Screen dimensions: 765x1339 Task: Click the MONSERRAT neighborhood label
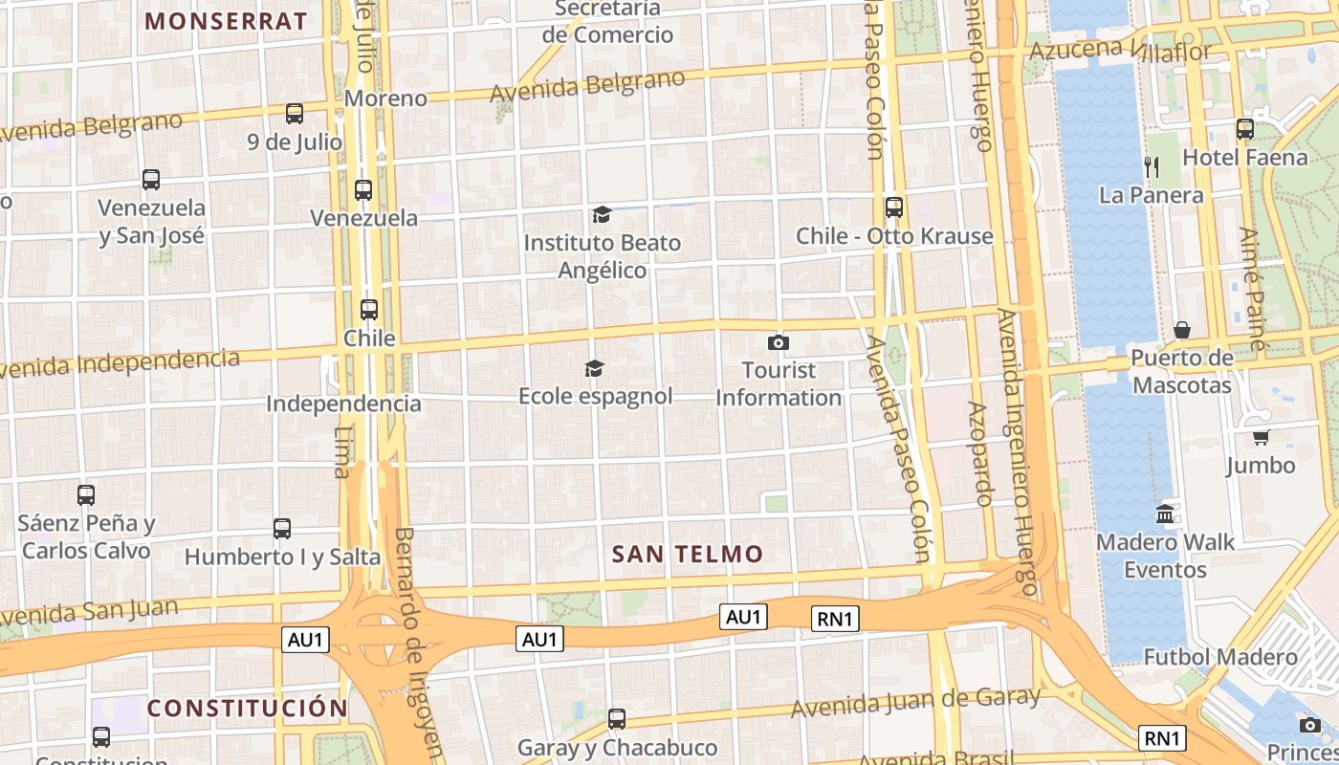[x=226, y=21]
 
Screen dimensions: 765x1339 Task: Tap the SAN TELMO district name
[x=687, y=554]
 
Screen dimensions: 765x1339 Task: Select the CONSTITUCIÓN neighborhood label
[x=247, y=708]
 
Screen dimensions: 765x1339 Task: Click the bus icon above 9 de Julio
[x=295, y=114]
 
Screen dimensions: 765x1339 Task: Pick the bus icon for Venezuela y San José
[x=151, y=179]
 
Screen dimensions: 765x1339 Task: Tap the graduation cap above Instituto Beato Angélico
[x=602, y=214]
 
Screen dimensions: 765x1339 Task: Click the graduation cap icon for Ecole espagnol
[x=595, y=368]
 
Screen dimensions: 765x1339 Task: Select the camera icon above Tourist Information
[x=779, y=342]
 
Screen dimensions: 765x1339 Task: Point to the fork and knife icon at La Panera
[x=1152, y=167]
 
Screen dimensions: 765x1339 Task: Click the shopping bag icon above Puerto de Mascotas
[x=1182, y=330]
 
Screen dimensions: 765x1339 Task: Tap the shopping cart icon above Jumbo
[x=1261, y=437]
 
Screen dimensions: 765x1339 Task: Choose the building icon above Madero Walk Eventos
[x=1165, y=514]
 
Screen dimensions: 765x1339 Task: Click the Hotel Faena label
[x=1244, y=157]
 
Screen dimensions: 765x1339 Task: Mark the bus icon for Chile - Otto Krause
[x=894, y=207]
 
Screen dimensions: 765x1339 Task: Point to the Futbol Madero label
[x=1220, y=657]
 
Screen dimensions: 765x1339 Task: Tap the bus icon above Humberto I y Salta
[x=282, y=528]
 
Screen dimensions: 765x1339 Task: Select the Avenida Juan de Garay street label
[x=915, y=703]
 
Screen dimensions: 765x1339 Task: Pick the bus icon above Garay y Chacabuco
[x=617, y=718]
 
